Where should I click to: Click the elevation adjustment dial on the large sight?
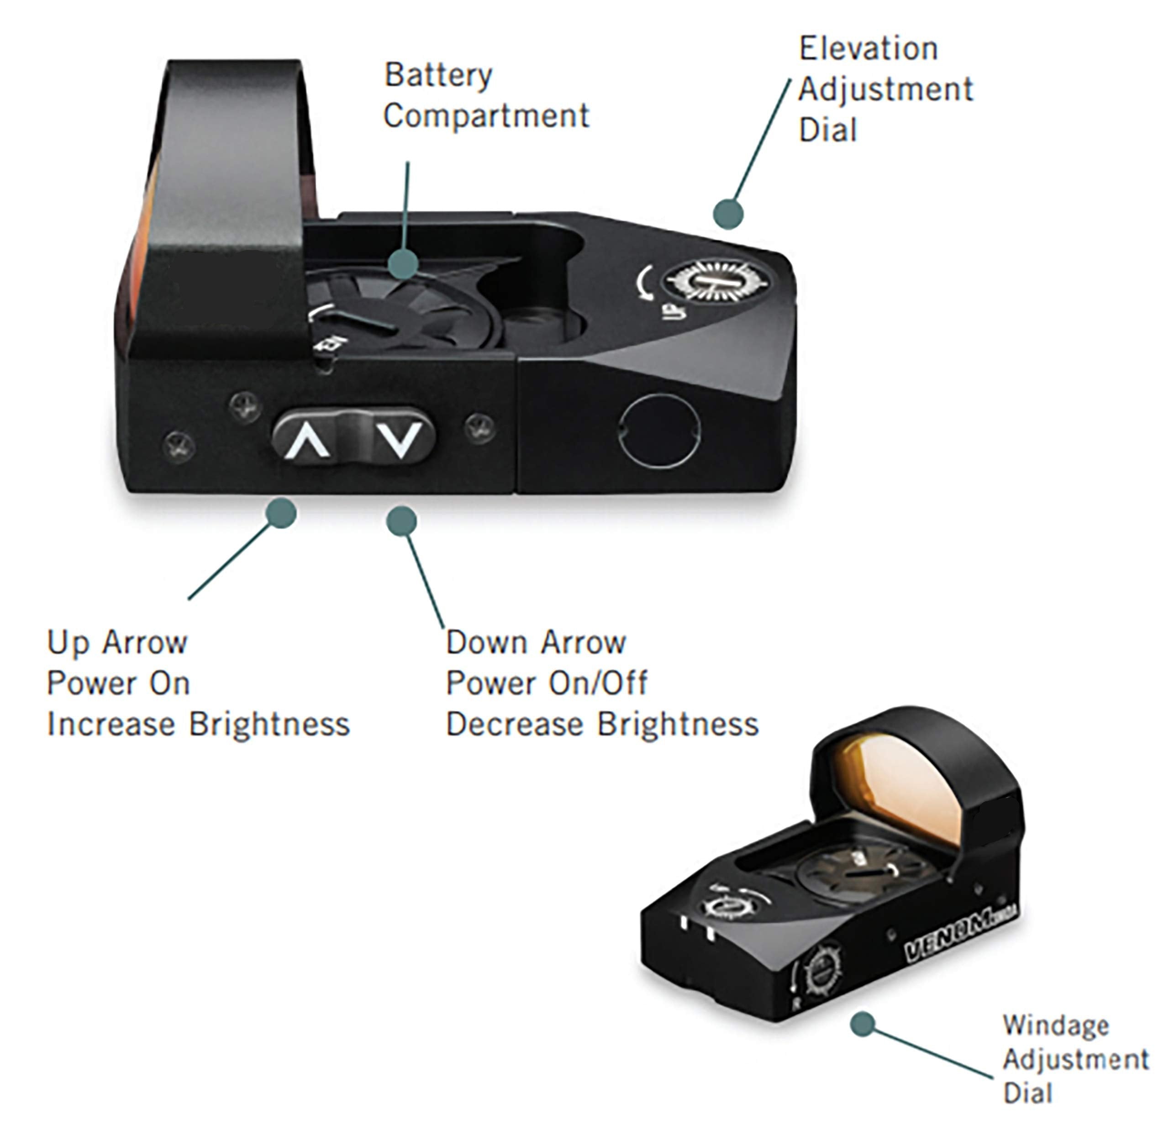[x=715, y=281]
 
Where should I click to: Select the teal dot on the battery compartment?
[x=403, y=263]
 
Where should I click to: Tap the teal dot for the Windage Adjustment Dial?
[x=863, y=1024]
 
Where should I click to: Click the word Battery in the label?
[x=438, y=75]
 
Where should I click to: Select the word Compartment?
[x=486, y=116]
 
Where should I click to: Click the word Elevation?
[x=868, y=49]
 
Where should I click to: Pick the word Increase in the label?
[x=112, y=725]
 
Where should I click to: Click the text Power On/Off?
[x=546, y=683]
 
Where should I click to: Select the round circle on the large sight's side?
[x=660, y=431]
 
